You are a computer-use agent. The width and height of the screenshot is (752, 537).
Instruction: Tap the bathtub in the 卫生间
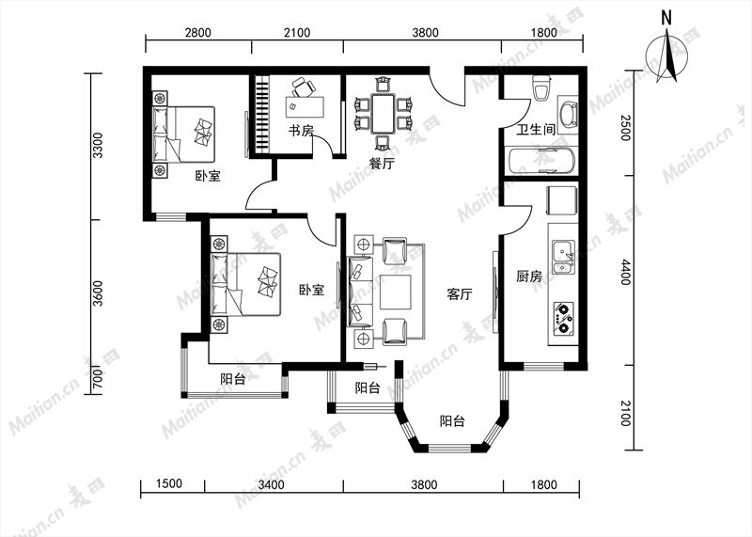click(x=540, y=161)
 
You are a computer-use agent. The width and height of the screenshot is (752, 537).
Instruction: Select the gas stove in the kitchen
click(x=563, y=318)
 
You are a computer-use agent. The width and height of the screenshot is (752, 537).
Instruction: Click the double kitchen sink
click(x=563, y=257)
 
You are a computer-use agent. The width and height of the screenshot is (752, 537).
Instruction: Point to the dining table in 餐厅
click(x=383, y=114)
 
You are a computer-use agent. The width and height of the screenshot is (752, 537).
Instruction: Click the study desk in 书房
click(x=305, y=106)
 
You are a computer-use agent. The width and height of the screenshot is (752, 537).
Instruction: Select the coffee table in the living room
click(x=395, y=292)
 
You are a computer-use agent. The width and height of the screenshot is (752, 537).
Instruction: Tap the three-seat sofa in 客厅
click(x=361, y=292)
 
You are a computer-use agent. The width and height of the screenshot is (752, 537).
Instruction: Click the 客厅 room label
click(x=460, y=294)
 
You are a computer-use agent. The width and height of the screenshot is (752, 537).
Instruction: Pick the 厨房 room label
click(x=529, y=276)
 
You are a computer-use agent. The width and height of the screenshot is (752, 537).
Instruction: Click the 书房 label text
click(x=301, y=131)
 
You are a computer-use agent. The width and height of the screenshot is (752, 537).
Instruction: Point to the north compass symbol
click(x=666, y=56)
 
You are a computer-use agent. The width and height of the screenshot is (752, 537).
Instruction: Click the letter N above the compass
click(x=666, y=18)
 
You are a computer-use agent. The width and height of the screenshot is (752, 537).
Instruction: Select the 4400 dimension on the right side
click(x=625, y=272)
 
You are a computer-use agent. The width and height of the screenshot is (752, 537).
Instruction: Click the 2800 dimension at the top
click(x=198, y=33)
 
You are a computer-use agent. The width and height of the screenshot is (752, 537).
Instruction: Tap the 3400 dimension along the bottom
click(x=272, y=484)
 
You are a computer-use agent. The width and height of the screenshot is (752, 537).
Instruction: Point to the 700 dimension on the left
click(x=98, y=379)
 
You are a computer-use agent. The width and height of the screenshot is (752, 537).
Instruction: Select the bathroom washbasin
click(x=569, y=114)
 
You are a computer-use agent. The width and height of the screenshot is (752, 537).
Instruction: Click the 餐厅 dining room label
click(x=382, y=163)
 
